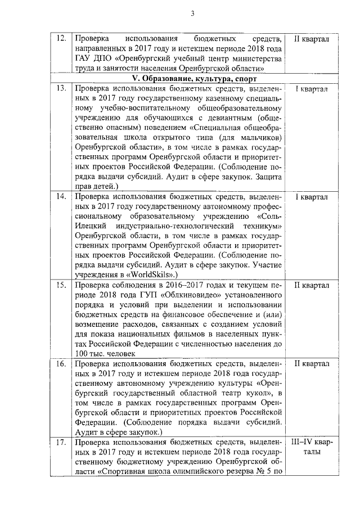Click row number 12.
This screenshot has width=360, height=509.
(x=62, y=38)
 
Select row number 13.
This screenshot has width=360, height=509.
(x=62, y=88)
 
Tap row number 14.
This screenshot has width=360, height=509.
(x=62, y=197)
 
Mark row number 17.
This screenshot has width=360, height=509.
(x=62, y=443)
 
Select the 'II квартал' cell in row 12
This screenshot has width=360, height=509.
(x=312, y=38)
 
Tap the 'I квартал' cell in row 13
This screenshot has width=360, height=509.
(x=312, y=88)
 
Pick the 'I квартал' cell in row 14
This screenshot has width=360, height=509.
(x=312, y=197)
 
